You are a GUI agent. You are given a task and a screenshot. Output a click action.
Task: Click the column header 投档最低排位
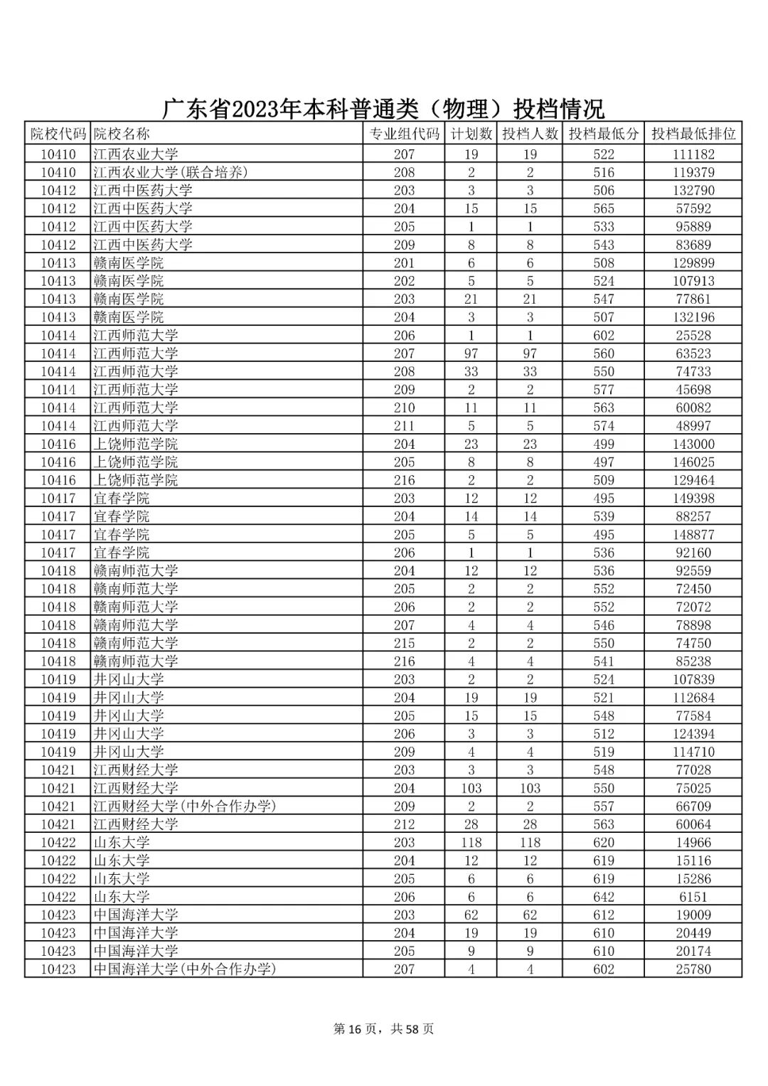[x=693, y=133]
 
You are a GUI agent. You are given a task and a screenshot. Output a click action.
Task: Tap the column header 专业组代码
[x=404, y=133]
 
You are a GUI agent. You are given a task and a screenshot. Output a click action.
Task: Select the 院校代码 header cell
[x=58, y=133]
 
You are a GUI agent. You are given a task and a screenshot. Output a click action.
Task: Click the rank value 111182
[x=693, y=154]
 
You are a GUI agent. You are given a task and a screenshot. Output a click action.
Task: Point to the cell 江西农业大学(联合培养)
[x=171, y=172]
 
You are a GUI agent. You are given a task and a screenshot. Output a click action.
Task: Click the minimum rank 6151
[x=693, y=897]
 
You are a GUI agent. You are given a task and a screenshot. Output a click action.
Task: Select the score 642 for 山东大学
[x=604, y=897]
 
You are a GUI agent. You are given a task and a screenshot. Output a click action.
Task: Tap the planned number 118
[x=471, y=843]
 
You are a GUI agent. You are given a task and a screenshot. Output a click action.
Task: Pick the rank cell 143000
[x=693, y=444]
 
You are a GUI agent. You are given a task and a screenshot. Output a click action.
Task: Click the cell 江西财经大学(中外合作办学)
[x=185, y=806]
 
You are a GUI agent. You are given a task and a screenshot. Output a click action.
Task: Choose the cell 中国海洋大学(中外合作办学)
[x=185, y=969]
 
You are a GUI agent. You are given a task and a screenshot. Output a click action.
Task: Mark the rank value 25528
[x=693, y=335]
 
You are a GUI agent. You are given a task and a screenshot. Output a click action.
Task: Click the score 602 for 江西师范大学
[x=604, y=335]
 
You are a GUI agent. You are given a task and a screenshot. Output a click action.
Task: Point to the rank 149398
[x=693, y=499]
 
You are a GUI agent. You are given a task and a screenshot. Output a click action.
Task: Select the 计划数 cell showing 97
[x=471, y=353]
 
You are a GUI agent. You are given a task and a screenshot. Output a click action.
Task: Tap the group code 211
[x=404, y=426]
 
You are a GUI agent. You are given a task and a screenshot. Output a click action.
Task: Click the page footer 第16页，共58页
[x=383, y=1028]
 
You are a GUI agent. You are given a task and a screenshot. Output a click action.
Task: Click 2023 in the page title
[x=253, y=109]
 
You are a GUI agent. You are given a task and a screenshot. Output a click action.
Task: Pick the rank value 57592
[x=693, y=208]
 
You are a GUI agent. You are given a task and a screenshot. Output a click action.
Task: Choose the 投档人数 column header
[x=530, y=133]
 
